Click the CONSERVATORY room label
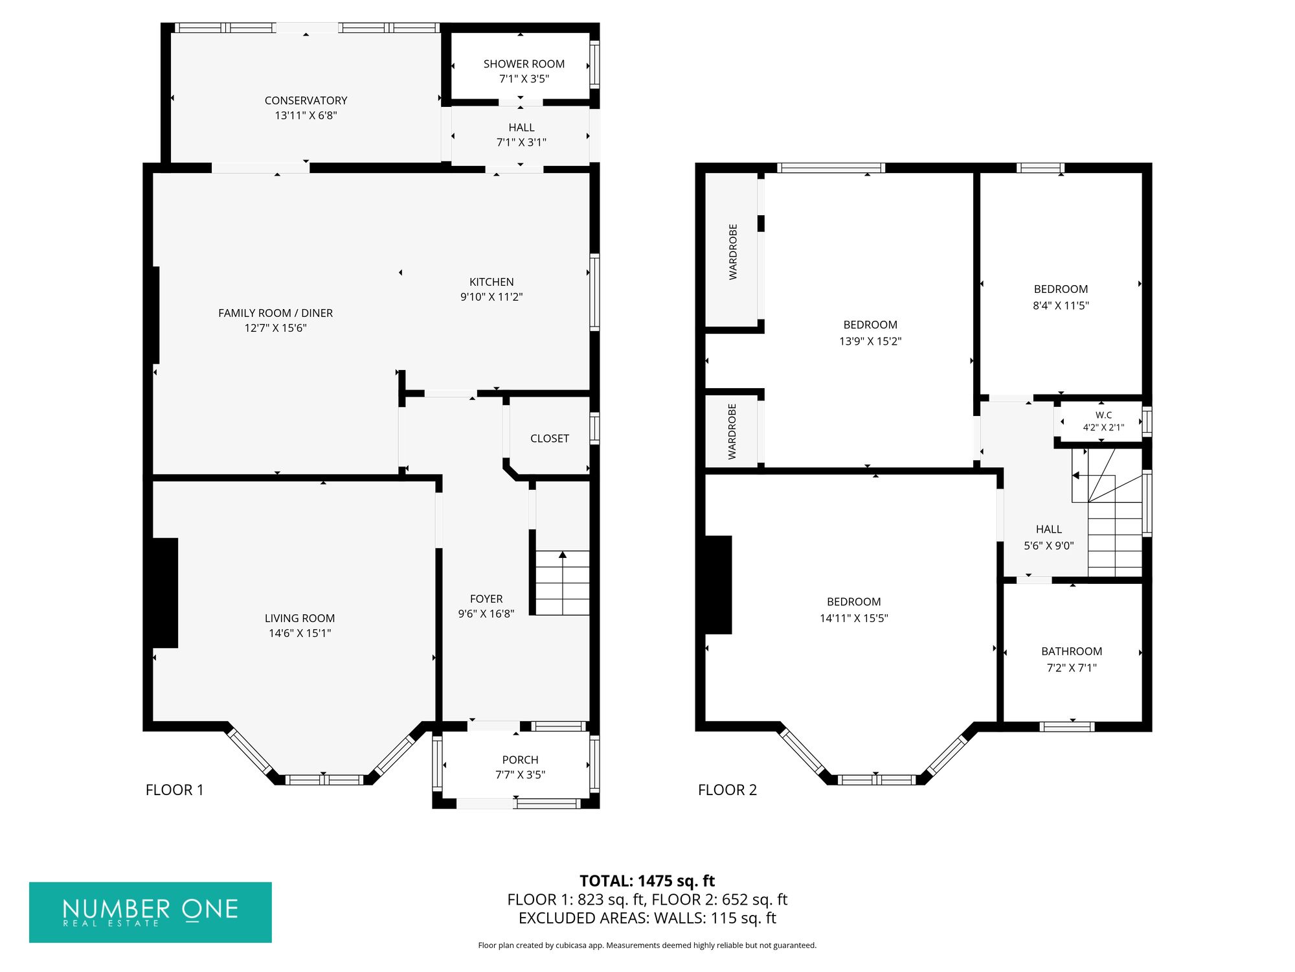[306, 100]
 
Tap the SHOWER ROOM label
[524, 64]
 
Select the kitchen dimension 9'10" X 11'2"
[491, 297]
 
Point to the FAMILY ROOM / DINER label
[275, 313]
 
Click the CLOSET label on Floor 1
[550, 439]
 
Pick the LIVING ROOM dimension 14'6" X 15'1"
[300, 633]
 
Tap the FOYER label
[486, 599]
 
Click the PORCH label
[520, 759]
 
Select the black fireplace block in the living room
[164, 593]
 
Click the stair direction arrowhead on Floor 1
[563, 555]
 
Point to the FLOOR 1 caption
[174, 790]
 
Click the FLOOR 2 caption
[727, 790]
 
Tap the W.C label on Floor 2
[1103, 415]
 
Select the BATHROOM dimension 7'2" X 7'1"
[1072, 668]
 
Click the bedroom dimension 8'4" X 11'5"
[1061, 305]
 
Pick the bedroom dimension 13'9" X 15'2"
[870, 341]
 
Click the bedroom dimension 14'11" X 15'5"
[853, 618]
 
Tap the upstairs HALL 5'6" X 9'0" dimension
[1048, 546]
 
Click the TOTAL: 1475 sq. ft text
[647, 881]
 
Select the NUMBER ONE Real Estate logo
[150, 912]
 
